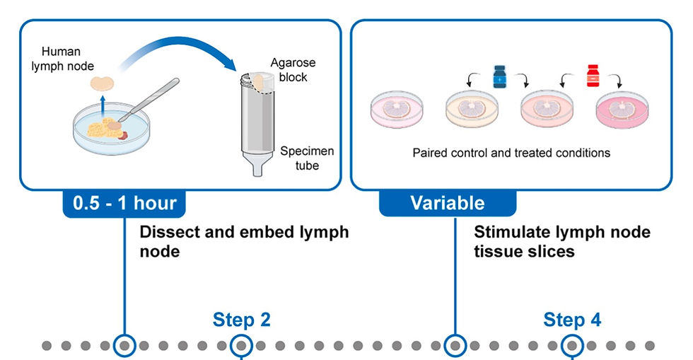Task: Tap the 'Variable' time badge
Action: (448, 204)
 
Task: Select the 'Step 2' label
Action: (241, 320)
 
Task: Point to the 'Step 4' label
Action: (572, 320)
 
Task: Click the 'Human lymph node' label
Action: (62, 58)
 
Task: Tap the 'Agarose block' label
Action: (289, 69)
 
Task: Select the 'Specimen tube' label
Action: (307, 158)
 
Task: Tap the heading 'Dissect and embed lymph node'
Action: (244, 241)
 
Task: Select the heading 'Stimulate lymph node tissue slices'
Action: (562, 241)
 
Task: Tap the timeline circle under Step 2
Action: (242, 346)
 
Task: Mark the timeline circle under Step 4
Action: (571, 346)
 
